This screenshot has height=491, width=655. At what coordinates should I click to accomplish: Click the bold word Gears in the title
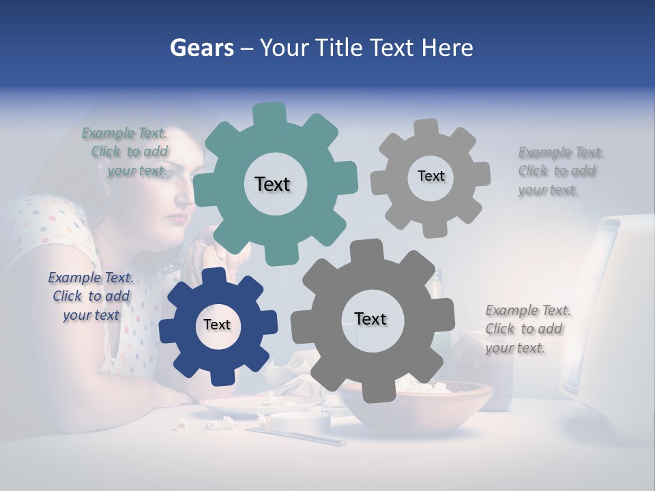(201, 48)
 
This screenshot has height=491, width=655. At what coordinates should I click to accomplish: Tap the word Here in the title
(447, 48)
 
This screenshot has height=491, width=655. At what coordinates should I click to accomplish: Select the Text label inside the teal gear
(272, 184)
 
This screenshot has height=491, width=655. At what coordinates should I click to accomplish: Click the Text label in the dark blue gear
(217, 325)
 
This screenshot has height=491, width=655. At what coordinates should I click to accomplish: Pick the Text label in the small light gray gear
(431, 176)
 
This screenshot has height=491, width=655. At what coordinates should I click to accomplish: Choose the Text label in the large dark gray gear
(370, 319)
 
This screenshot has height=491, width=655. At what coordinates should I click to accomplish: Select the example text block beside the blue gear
(91, 296)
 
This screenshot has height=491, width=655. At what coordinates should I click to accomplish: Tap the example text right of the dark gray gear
(527, 329)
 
